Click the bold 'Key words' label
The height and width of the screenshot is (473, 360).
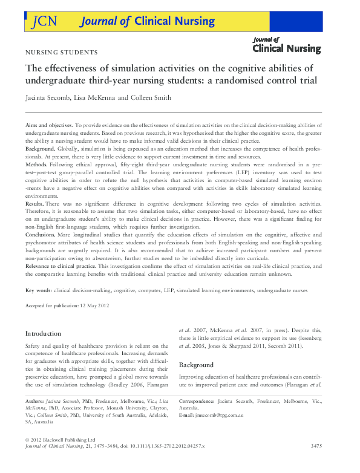38,291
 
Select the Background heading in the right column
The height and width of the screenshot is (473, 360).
197,365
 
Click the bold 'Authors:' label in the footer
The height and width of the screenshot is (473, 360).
36,401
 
